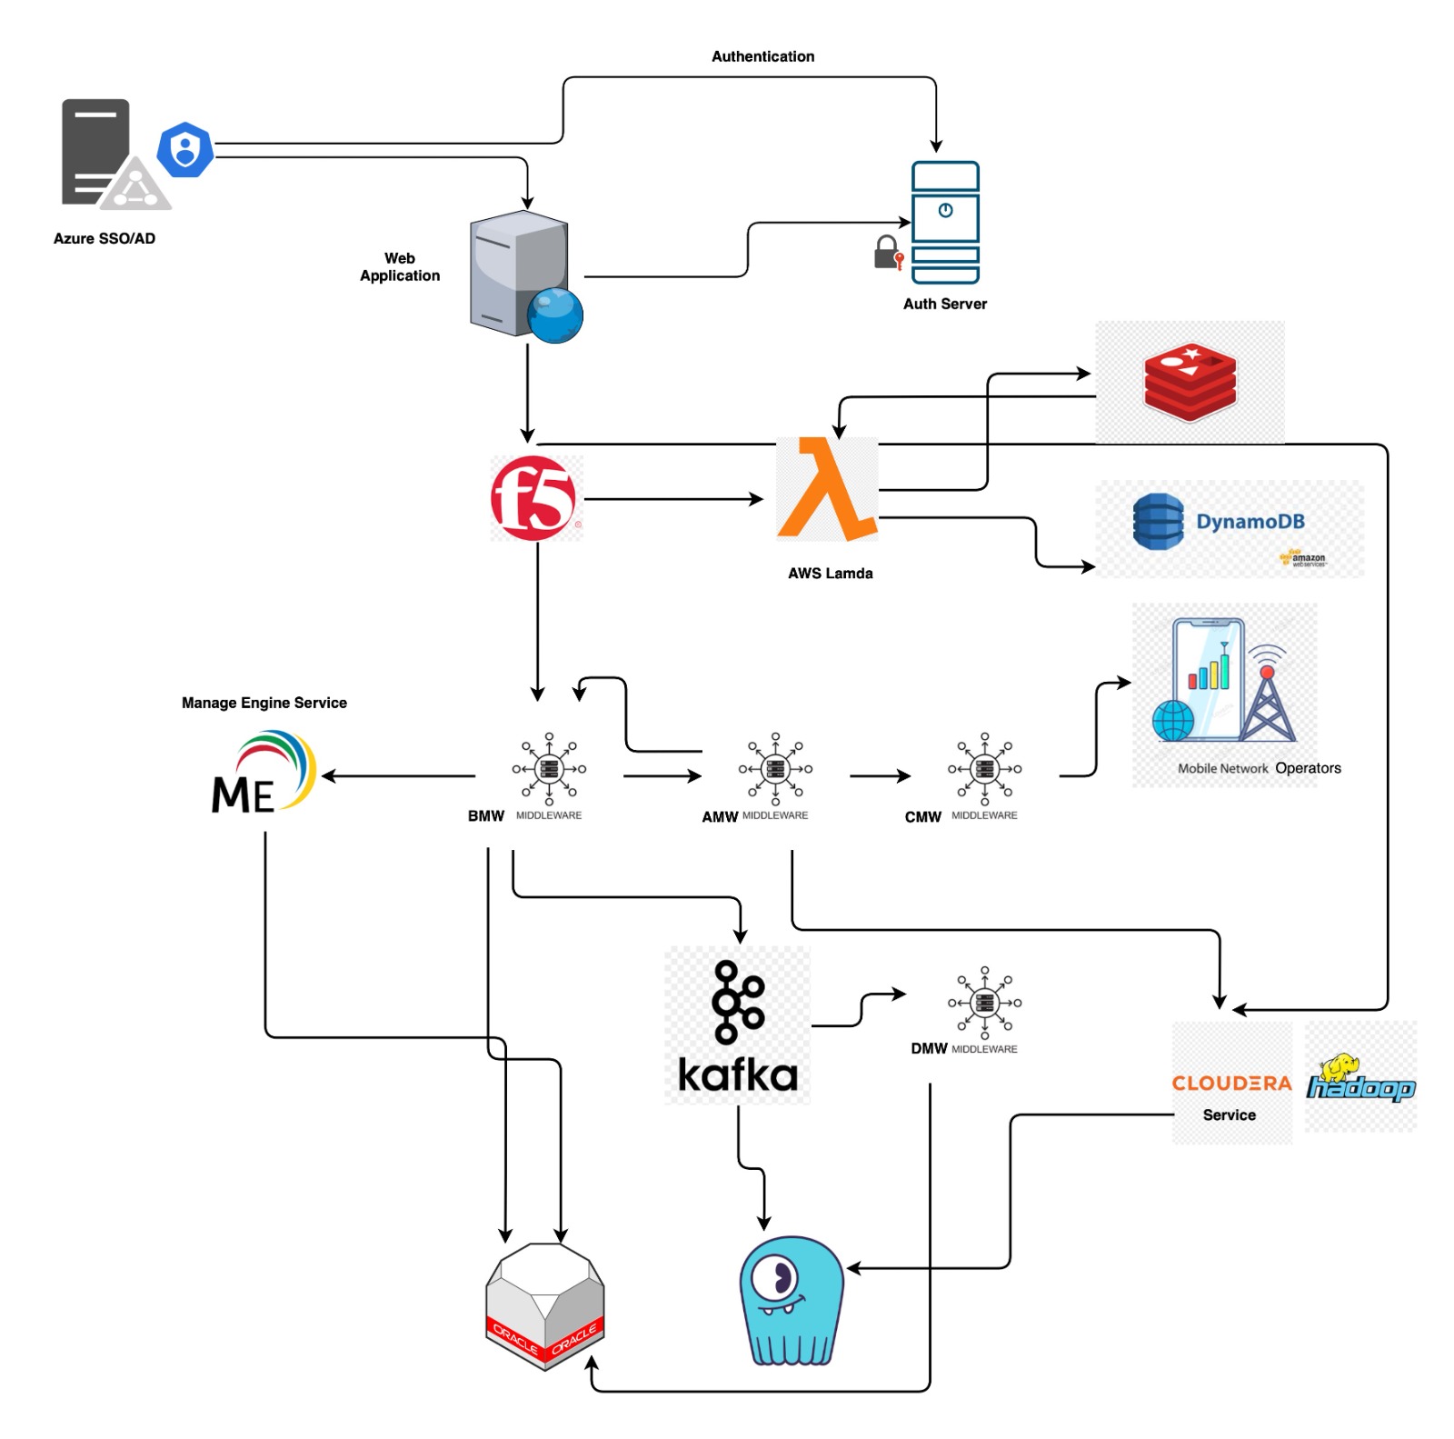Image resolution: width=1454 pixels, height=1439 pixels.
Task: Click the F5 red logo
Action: (x=533, y=498)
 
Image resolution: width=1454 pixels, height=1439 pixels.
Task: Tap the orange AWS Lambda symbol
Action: (x=825, y=491)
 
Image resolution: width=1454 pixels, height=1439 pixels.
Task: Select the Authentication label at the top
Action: (x=762, y=56)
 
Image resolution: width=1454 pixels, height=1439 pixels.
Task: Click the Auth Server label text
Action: (x=944, y=304)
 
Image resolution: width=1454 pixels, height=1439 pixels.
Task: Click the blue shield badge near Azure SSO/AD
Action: (x=185, y=149)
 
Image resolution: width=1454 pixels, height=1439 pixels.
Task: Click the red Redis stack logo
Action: (x=1190, y=382)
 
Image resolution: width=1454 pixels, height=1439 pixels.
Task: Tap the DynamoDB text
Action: (x=1250, y=522)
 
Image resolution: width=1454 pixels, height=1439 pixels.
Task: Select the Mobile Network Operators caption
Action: (x=1259, y=768)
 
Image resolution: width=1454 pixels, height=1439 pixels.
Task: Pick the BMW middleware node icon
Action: (x=549, y=769)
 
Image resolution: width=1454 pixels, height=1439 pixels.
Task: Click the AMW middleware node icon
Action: (x=775, y=769)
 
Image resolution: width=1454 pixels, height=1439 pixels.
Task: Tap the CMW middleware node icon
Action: (x=984, y=769)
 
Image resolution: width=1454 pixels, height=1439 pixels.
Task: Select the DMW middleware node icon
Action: (x=984, y=1003)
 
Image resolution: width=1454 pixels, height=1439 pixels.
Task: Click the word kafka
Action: (x=738, y=1075)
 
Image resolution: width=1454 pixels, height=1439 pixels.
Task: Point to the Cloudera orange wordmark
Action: (x=1231, y=1083)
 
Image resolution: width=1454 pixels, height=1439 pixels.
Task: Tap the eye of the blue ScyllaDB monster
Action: (x=778, y=1278)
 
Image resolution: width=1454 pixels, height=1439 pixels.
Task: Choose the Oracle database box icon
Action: (x=545, y=1305)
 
